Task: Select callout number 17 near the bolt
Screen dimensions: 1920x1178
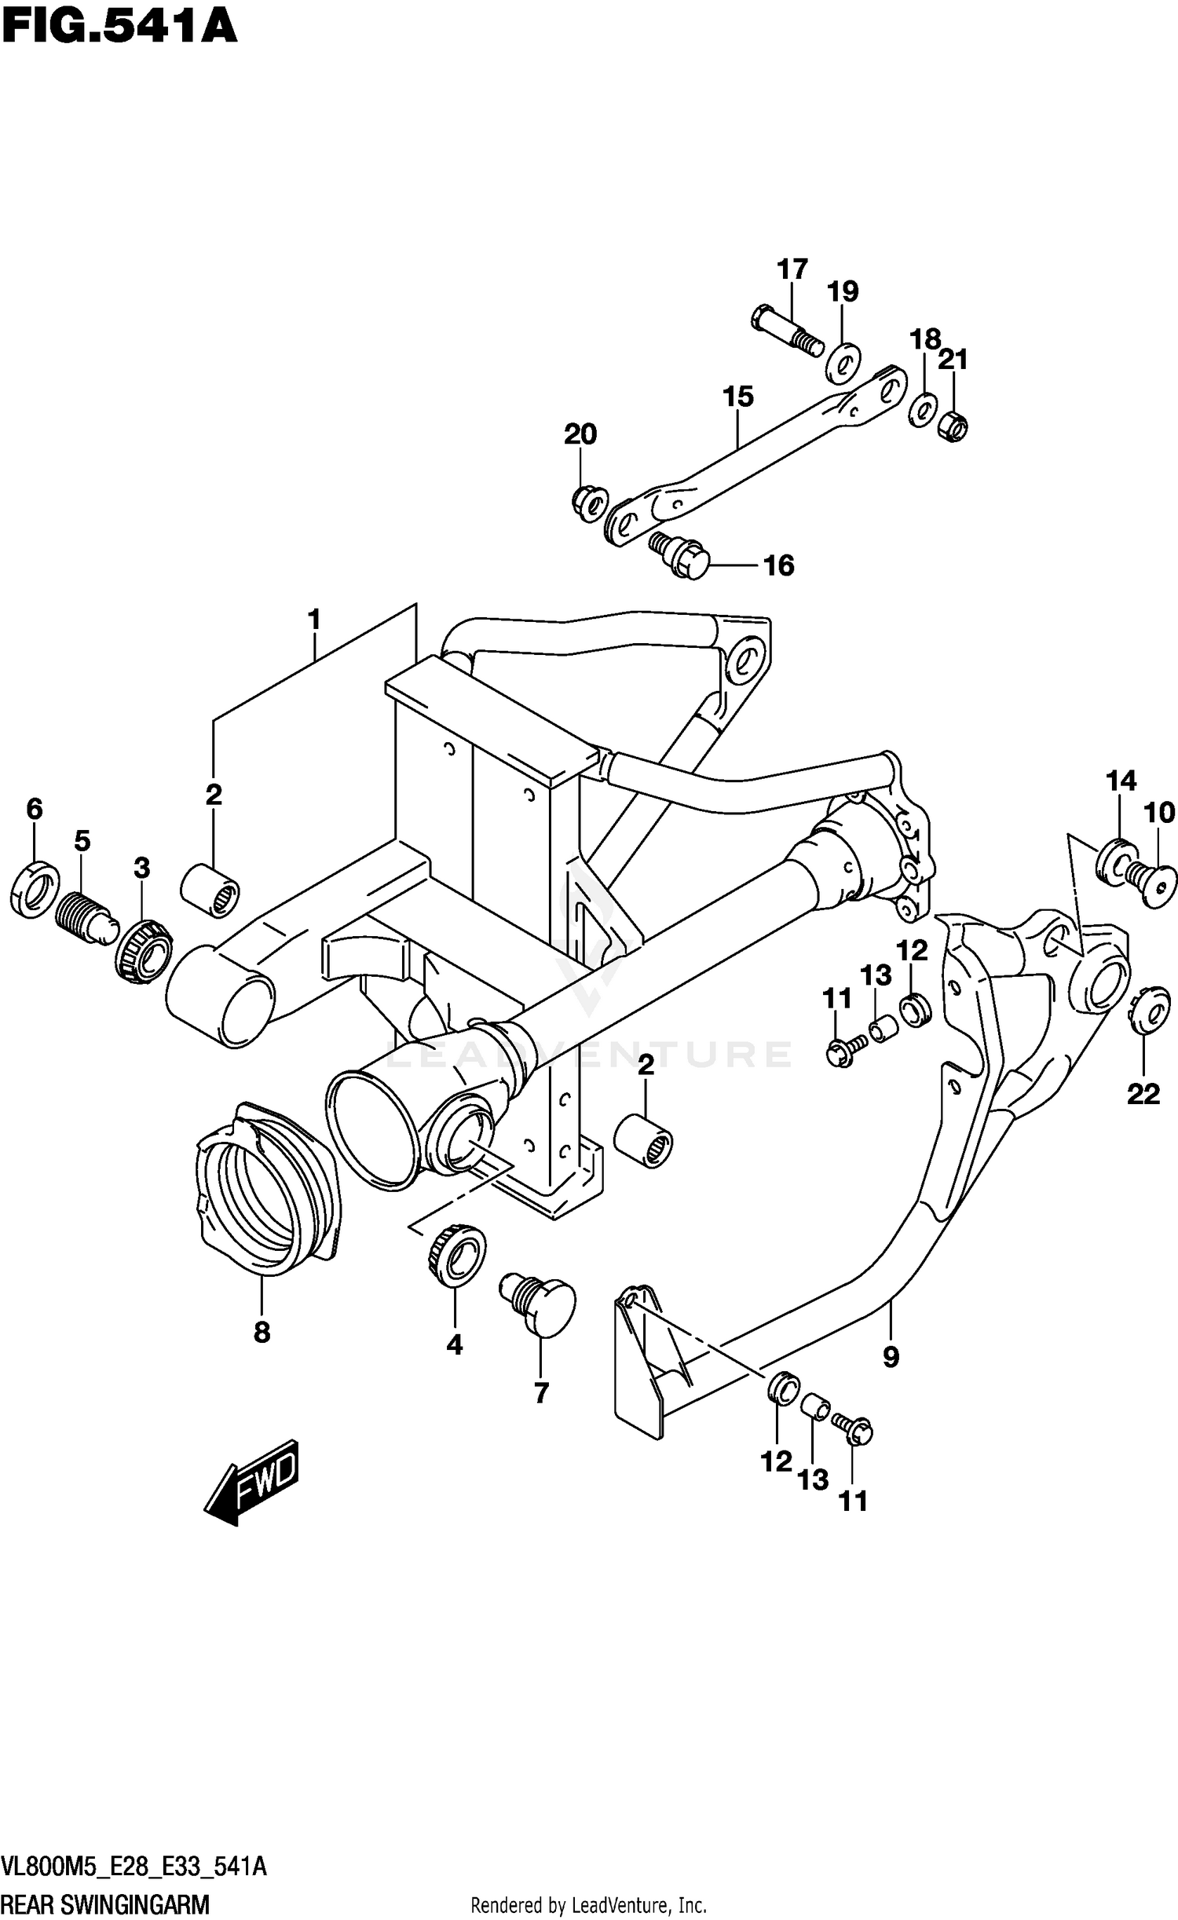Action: [x=792, y=269]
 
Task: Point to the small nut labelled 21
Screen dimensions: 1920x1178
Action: [x=953, y=427]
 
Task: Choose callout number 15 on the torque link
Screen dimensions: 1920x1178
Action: [x=738, y=397]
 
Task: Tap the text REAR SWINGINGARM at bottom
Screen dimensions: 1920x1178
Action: [x=106, y=1899]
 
